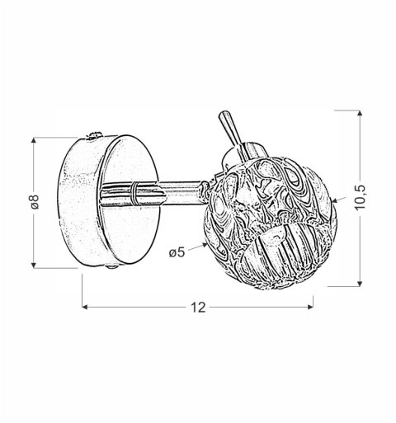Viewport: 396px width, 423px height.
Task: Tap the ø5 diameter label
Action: coord(175,252)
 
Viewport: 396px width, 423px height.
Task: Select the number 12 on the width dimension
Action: coord(197,307)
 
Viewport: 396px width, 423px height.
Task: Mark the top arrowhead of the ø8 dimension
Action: coord(34,141)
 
